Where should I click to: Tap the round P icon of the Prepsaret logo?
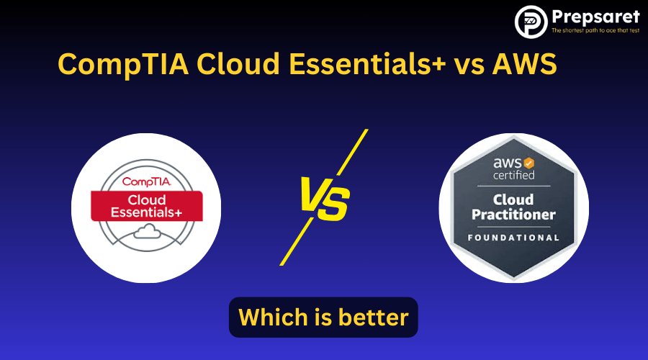(x=531, y=21)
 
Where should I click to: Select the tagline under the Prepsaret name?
(x=595, y=31)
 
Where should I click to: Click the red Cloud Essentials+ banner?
(x=146, y=207)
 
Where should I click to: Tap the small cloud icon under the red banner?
(x=147, y=231)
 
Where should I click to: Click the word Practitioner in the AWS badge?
(x=513, y=215)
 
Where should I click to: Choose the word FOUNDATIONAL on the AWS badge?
(x=513, y=238)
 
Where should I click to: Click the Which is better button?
(x=323, y=317)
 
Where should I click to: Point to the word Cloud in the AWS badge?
(x=513, y=199)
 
